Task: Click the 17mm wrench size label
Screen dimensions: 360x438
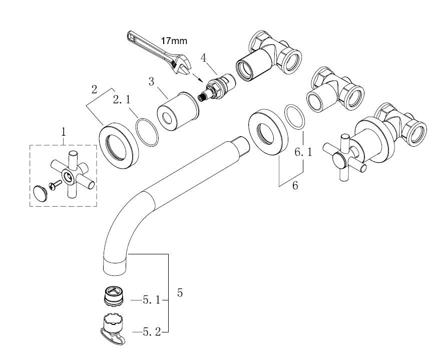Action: (173, 40)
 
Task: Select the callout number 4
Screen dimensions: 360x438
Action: (203, 57)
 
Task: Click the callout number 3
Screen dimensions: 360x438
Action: (151, 82)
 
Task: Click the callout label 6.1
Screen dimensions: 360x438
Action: (303, 152)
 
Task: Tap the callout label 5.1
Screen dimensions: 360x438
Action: (151, 301)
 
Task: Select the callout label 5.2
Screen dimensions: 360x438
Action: (151, 331)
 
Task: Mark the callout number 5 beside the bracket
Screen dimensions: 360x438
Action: (180, 293)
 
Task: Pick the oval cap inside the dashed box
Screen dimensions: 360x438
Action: (40, 192)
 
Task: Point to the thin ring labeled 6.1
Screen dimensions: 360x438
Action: (294, 117)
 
